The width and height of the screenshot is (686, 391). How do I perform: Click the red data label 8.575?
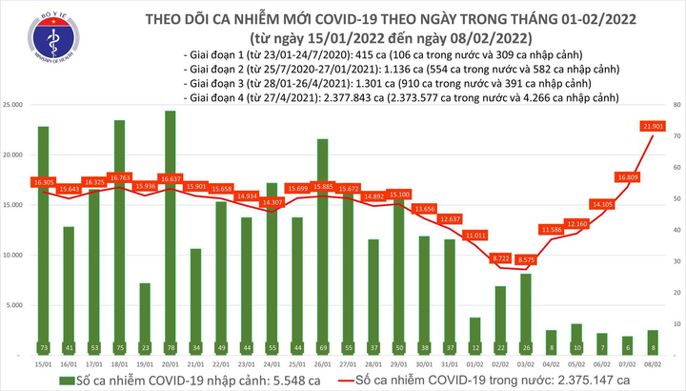point(524,259)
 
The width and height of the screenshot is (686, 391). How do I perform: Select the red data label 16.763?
point(119,177)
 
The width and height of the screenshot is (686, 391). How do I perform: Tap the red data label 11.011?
point(474,234)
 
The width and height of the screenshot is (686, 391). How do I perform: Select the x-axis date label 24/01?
point(272,364)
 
